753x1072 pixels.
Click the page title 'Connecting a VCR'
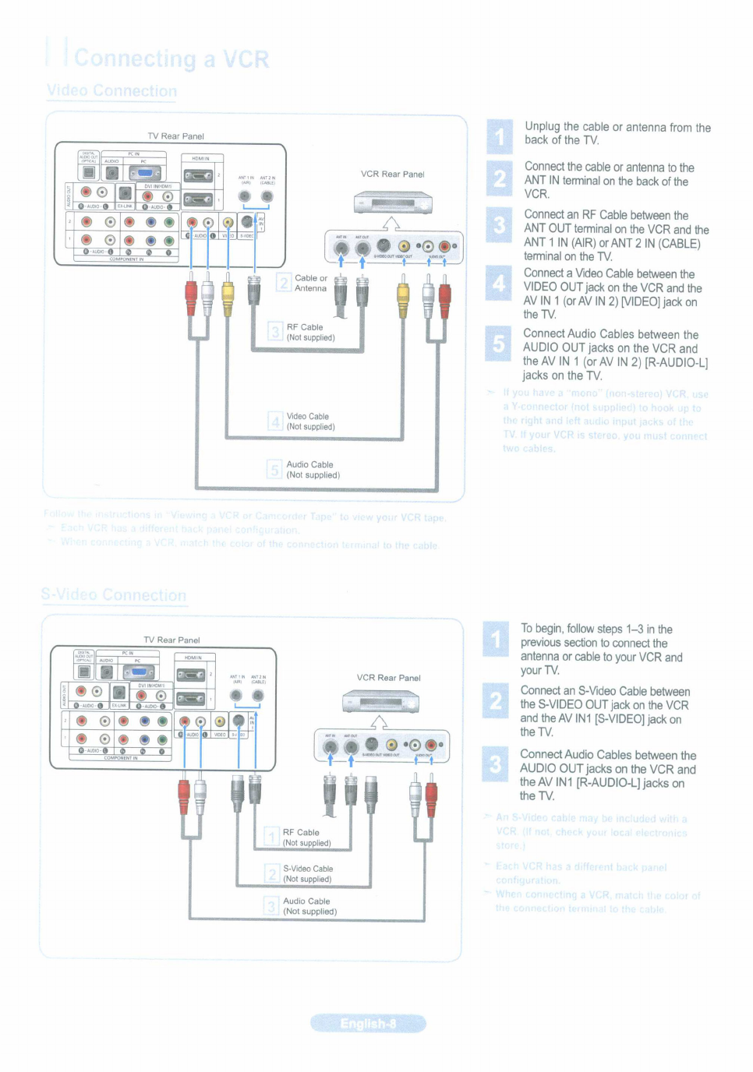[171, 59]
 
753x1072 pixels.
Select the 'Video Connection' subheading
[111, 91]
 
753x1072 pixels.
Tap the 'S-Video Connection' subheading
[114, 595]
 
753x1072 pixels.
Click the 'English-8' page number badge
[368, 1024]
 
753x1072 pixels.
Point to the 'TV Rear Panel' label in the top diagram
[175, 136]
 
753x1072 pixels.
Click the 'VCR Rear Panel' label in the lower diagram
[388, 678]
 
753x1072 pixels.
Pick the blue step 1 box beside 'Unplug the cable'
[500, 137]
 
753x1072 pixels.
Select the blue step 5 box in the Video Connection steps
[499, 343]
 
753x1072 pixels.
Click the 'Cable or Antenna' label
[311, 283]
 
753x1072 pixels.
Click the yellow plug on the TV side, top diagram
[228, 294]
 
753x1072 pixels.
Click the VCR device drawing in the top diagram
[393, 204]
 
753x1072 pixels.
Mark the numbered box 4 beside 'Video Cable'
[275, 421]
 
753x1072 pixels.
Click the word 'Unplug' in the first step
[543, 126]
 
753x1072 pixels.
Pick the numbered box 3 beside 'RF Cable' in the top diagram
[275, 333]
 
